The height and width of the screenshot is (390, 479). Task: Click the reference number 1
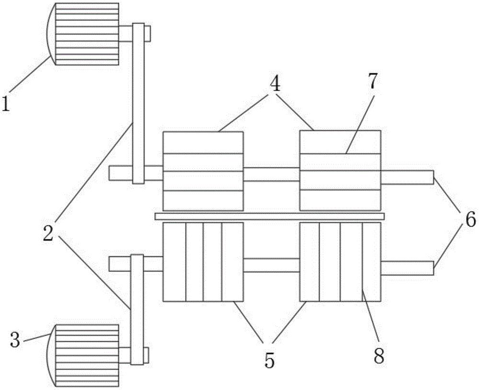pos(7,103)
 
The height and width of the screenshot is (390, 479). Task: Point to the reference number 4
pos(274,85)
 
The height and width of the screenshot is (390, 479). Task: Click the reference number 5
pos(270,360)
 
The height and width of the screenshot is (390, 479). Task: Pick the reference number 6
pos(469,220)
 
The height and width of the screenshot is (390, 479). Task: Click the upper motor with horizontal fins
pos(86,34)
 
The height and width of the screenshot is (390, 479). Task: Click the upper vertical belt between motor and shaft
pos(138,103)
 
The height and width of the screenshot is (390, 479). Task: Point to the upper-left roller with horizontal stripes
pos(203,170)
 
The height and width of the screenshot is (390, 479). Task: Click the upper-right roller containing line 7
pos(340,170)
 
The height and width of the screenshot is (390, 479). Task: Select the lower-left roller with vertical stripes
pos(203,261)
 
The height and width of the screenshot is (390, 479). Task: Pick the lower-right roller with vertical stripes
pos(340,261)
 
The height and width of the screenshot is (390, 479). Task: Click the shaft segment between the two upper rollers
pos(271,174)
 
